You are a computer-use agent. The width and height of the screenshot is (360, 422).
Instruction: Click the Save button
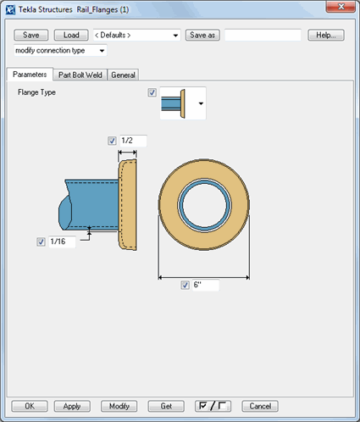[31, 36]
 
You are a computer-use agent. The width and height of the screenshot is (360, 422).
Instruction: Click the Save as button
[202, 36]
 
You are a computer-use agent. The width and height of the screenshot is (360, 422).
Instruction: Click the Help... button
[325, 36]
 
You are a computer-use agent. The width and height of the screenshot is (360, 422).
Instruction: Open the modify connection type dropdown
[59, 51]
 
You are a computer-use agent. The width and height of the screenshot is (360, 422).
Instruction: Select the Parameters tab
[30, 75]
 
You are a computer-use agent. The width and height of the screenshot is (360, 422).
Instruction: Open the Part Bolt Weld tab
[80, 75]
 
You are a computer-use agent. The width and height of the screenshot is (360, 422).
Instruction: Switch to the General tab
[123, 75]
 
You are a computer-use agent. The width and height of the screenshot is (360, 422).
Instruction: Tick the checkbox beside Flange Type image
[152, 92]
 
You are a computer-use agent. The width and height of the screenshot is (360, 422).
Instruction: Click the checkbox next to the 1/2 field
[113, 141]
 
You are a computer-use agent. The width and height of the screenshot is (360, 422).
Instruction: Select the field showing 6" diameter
[204, 286]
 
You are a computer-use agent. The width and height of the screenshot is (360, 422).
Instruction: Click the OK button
[30, 406]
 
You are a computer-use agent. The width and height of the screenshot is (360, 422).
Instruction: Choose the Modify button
[119, 406]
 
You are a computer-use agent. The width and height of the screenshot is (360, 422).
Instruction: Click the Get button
[166, 406]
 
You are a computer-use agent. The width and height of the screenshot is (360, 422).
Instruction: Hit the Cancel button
[260, 406]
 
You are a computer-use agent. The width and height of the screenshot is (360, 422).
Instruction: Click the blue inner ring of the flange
[203, 182]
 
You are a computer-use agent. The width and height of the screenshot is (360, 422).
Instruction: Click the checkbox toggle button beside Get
[213, 406]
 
